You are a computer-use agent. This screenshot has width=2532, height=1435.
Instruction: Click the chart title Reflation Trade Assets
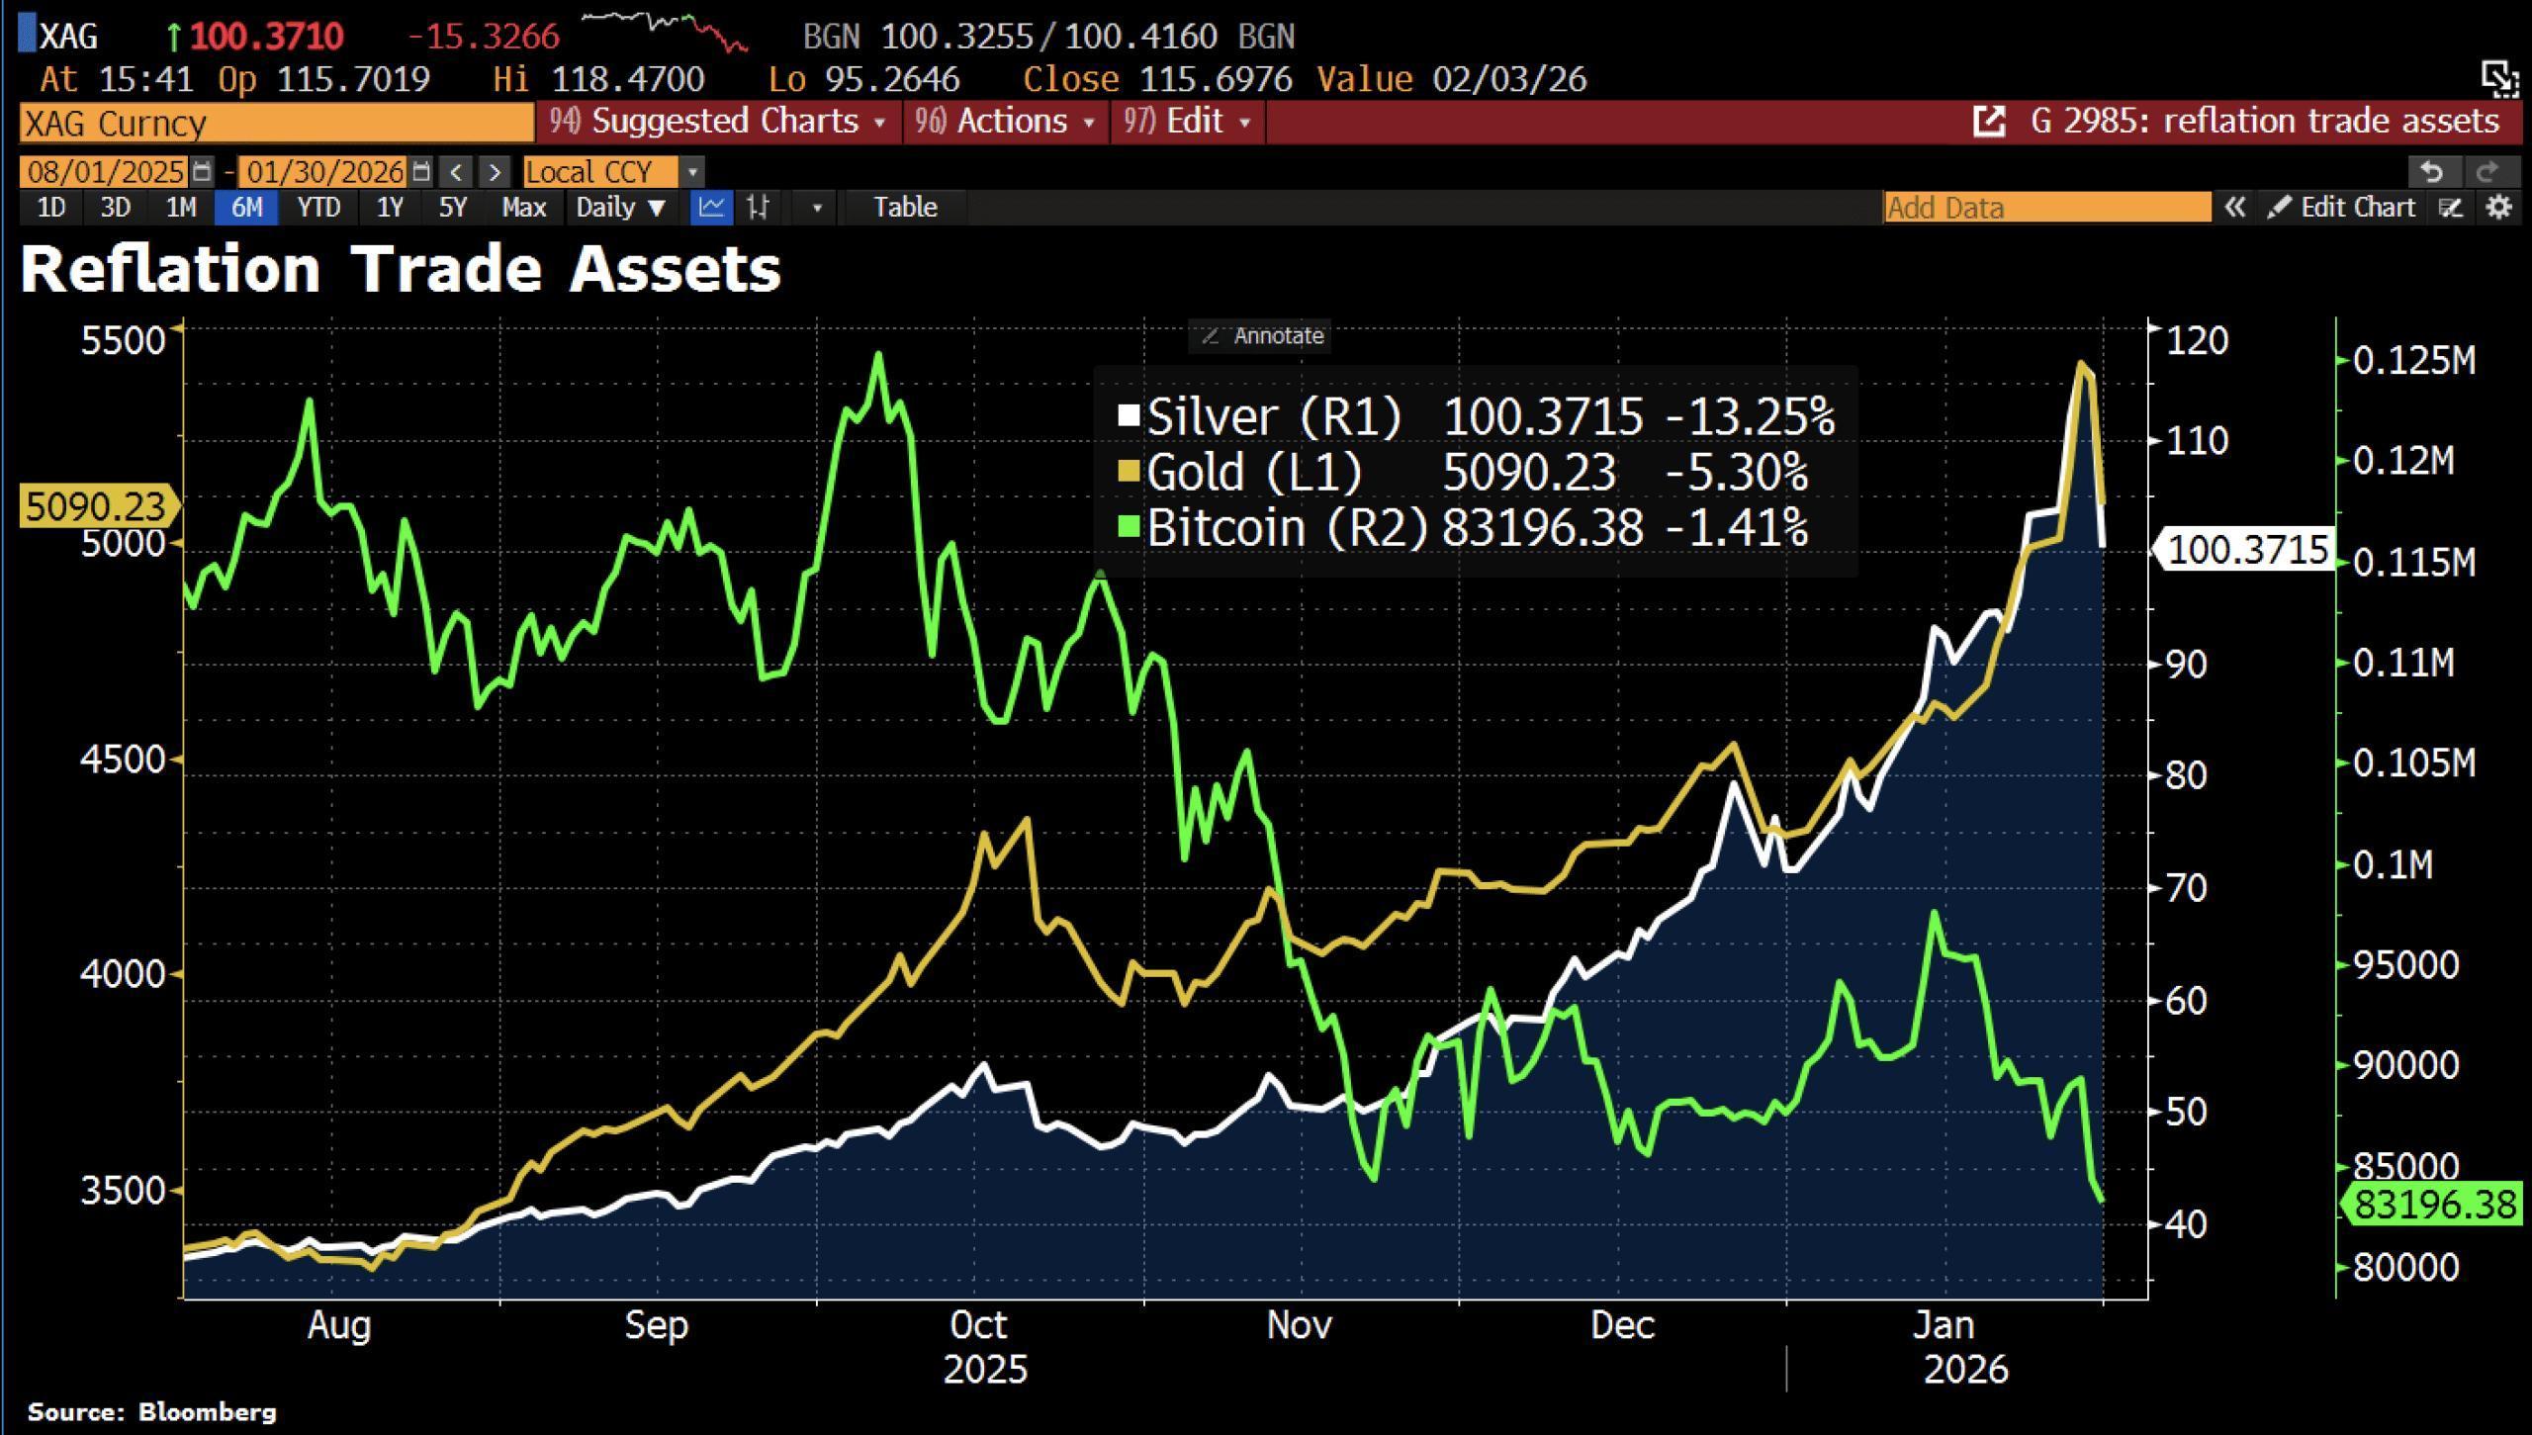click(x=401, y=269)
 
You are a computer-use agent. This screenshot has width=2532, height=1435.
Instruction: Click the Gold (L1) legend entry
click(x=1254, y=472)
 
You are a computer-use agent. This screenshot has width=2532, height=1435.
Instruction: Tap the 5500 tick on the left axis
click(x=123, y=340)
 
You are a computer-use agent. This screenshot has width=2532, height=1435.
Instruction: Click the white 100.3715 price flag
click(x=2245, y=550)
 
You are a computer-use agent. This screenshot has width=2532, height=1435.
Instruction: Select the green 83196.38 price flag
click(x=2434, y=1205)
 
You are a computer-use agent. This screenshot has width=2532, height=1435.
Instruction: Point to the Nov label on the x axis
click(x=1299, y=1325)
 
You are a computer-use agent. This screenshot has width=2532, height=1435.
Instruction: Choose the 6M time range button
click(x=246, y=208)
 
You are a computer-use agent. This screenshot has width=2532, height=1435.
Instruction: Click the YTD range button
click(x=318, y=208)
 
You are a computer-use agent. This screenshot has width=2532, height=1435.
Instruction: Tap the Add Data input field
click(x=2045, y=208)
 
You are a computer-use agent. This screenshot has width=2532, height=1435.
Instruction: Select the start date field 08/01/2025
click(x=105, y=172)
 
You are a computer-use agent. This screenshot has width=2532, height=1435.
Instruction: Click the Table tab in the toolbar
click(x=904, y=208)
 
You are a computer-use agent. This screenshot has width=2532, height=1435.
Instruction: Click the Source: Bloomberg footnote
click(x=151, y=1411)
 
